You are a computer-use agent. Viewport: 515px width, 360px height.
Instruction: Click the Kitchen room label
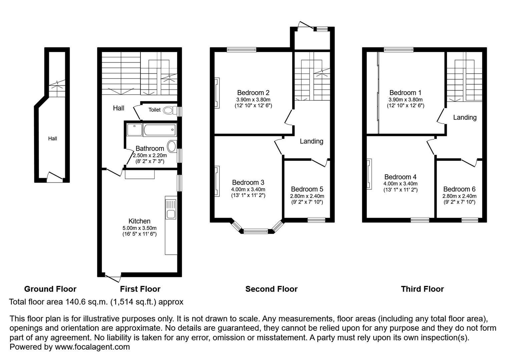(x=139, y=221)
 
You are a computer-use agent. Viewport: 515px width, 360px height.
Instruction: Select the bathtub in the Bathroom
(x=159, y=130)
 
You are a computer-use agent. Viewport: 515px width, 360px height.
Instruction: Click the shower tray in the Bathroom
(x=134, y=130)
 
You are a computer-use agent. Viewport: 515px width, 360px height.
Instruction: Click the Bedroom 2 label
(x=253, y=93)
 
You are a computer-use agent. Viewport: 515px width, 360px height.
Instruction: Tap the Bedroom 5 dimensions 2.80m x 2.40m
(x=307, y=196)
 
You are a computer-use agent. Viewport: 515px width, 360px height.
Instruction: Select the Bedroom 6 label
(x=459, y=189)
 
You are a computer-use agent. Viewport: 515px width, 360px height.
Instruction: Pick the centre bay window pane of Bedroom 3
(x=255, y=231)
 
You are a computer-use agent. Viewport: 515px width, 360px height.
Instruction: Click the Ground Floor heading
(x=50, y=289)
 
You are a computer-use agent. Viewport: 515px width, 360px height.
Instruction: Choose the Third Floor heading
(x=422, y=289)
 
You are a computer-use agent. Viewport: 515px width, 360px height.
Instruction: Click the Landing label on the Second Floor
(x=311, y=141)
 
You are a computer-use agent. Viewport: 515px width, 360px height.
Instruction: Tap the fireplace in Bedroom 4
(x=369, y=174)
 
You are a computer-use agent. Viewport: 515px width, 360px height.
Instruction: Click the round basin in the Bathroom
(x=172, y=146)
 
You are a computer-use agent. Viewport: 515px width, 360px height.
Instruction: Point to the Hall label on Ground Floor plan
(x=52, y=139)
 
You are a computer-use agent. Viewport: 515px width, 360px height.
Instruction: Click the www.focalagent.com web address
(x=92, y=347)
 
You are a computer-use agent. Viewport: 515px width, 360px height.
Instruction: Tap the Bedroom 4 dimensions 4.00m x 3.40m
(x=400, y=184)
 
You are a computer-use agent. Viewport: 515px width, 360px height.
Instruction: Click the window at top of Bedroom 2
(x=241, y=50)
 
